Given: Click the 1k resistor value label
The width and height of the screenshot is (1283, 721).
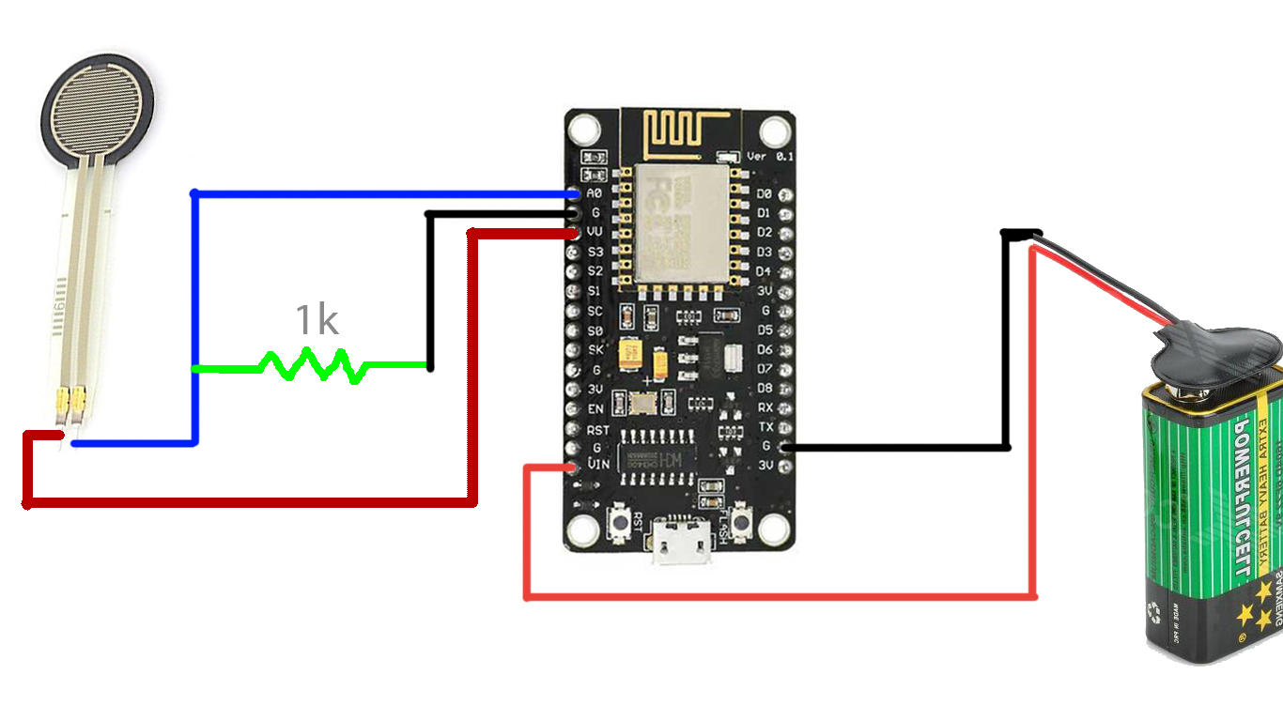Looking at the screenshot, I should click(317, 320).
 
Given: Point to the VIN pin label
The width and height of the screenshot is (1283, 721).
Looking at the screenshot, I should click(597, 465).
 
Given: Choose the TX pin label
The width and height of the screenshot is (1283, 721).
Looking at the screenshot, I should click(765, 427).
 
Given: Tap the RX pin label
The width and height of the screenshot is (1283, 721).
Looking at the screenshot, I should click(765, 407).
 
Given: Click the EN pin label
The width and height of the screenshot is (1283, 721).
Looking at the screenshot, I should click(595, 408).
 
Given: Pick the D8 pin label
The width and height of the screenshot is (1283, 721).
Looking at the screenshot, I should click(765, 388).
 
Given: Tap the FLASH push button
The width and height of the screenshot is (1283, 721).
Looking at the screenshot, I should click(741, 520).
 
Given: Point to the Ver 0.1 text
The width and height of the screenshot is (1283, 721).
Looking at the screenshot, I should click(770, 156).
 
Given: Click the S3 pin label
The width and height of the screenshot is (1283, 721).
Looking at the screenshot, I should click(595, 252).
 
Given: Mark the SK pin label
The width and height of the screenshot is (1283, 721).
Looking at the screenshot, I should click(595, 350).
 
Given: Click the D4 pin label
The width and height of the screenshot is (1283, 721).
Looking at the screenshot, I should click(764, 271).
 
